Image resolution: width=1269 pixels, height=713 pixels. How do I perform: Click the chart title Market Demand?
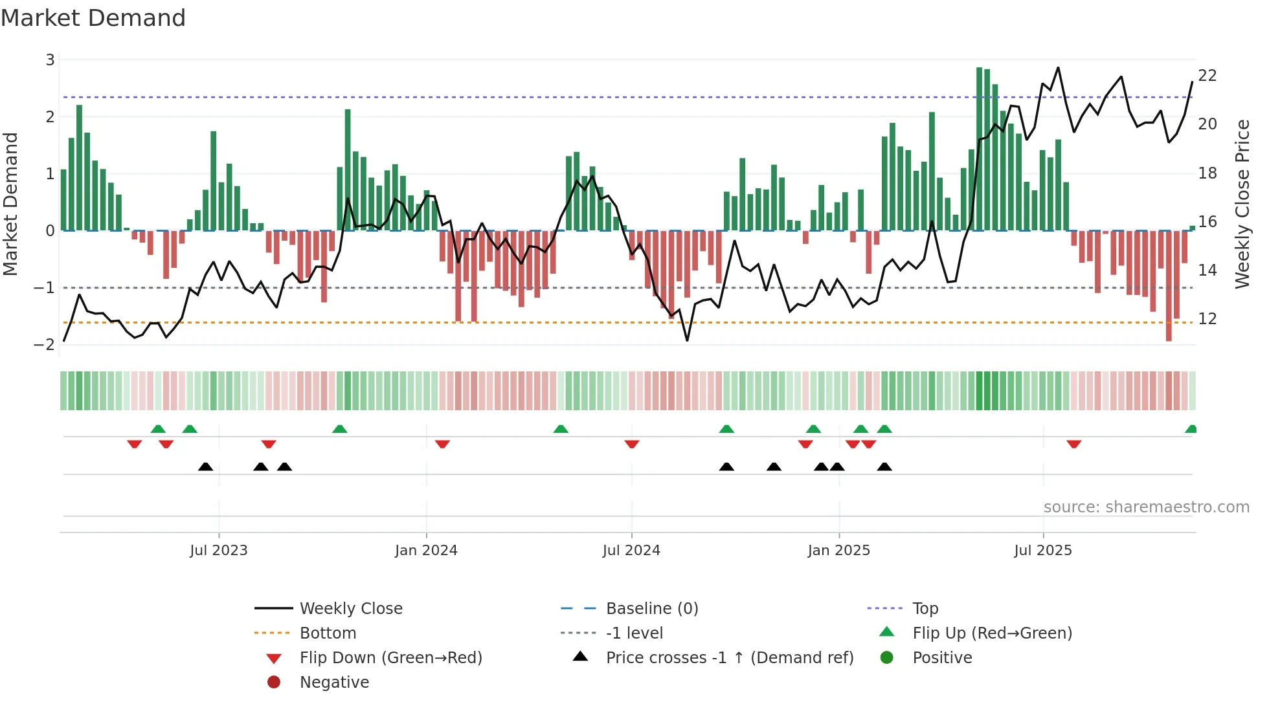[x=93, y=18]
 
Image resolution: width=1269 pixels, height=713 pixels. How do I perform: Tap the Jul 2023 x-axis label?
[x=218, y=551]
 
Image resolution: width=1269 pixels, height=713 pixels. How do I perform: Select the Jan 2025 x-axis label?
[x=838, y=551]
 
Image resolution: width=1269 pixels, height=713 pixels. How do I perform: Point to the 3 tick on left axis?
[x=50, y=60]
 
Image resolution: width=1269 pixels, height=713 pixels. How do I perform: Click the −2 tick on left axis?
[x=45, y=344]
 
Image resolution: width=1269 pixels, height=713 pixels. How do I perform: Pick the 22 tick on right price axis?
[x=1207, y=76]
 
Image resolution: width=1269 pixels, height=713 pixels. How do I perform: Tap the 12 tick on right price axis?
[x=1207, y=319]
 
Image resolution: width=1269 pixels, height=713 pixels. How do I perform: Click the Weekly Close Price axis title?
[x=1242, y=204]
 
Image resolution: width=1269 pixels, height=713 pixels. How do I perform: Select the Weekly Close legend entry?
[x=350, y=609]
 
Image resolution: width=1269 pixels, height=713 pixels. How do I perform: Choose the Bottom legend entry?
[x=328, y=633]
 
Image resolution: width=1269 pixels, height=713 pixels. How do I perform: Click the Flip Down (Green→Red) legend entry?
[x=390, y=658]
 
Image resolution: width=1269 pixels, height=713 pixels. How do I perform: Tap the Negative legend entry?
[x=334, y=683]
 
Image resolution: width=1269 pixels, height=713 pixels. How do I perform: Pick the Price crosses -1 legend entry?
[x=729, y=658]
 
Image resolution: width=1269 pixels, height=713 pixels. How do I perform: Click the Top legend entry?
[x=925, y=609]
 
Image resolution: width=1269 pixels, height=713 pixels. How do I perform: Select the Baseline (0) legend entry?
[x=651, y=609]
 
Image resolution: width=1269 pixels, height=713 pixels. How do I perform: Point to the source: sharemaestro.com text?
[x=1146, y=507]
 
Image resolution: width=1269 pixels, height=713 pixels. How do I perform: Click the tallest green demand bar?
[x=979, y=149]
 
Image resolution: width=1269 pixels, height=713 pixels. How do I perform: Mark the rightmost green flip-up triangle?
[x=1191, y=429]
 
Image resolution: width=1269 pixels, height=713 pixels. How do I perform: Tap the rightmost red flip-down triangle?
[x=1073, y=444]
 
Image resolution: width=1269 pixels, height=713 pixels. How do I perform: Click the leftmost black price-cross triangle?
[x=205, y=466]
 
